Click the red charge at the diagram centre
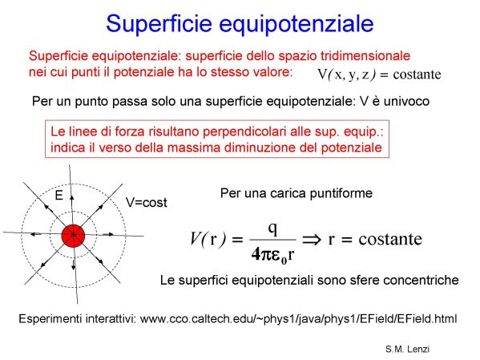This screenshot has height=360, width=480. [x=73, y=236]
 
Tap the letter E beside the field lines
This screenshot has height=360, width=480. [x=58, y=195]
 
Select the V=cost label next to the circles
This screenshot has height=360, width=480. [x=147, y=203]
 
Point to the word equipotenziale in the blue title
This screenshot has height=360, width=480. [x=296, y=25]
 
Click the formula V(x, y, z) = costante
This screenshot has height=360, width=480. [x=379, y=75]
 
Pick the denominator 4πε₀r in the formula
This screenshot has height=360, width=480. [x=272, y=255]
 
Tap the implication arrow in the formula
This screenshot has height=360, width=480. [x=313, y=239]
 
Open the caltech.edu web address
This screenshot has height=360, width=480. [x=298, y=319]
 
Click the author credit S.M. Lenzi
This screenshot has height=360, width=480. [x=407, y=349]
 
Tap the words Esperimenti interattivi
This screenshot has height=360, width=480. [x=78, y=319]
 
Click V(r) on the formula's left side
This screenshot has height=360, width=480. [x=208, y=239]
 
